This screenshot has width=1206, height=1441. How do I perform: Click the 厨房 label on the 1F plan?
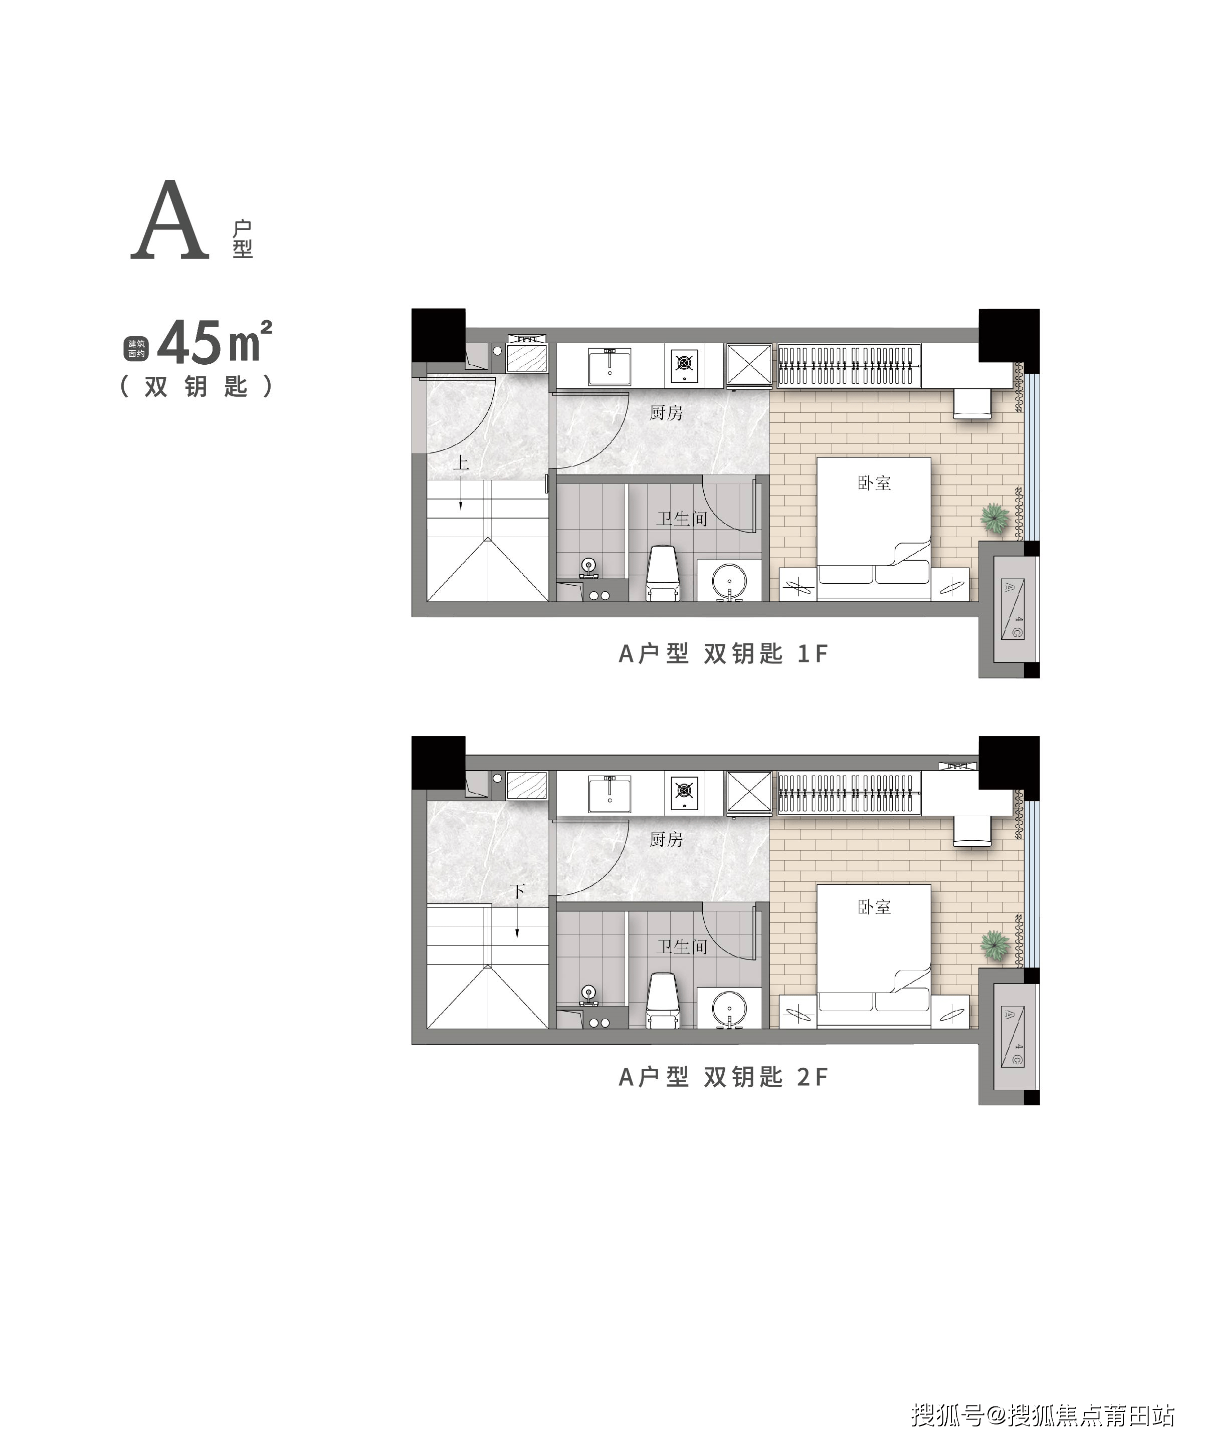666,412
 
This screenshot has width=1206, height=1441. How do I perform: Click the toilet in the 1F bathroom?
662,573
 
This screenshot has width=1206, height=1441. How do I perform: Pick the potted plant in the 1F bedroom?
994,518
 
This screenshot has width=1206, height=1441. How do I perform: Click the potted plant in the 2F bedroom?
994,945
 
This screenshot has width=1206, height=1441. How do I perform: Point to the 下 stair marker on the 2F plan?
517,891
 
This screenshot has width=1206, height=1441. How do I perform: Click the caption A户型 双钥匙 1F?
723,653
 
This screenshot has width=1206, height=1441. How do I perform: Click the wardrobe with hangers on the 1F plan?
849,366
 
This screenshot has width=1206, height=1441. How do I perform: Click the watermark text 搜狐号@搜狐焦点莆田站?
1043,1415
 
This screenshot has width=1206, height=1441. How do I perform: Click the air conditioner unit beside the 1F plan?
1013,609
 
